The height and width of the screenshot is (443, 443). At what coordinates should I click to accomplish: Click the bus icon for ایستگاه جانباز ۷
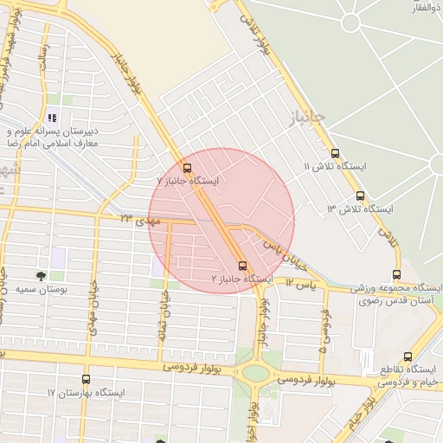point(188,168)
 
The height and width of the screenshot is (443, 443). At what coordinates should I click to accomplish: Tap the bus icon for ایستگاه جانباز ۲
point(242,266)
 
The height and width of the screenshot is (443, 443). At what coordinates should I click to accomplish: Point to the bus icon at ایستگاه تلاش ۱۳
point(361,196)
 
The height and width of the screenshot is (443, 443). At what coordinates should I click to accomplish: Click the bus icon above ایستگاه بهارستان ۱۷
point(85,379)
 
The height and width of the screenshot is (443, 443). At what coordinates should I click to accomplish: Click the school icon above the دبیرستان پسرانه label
point(53,118)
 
